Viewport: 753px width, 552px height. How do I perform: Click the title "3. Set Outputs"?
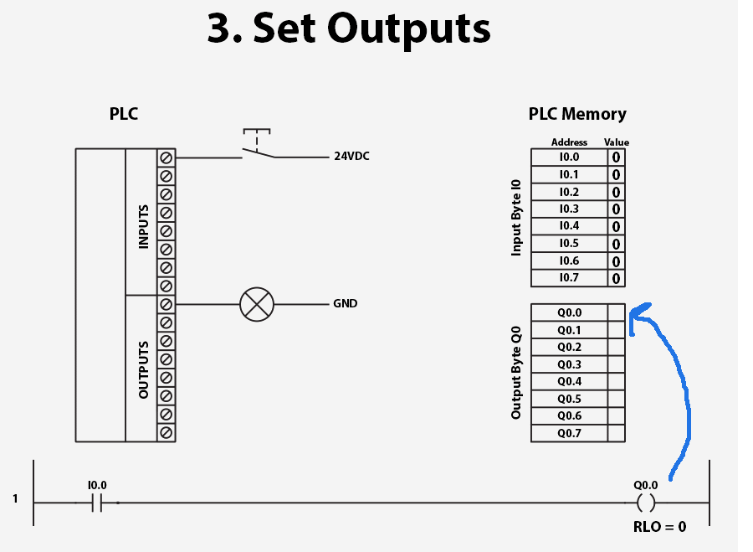(348, 28)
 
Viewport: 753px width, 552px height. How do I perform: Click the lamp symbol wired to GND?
(256, 303)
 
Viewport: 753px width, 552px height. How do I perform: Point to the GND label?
(345, 303)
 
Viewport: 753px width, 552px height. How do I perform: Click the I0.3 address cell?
(569, 209)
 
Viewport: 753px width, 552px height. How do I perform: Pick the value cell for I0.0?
(616, 157)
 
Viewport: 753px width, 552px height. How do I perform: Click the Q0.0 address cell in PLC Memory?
(569, 312)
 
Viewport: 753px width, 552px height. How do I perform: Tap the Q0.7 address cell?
(569, 433)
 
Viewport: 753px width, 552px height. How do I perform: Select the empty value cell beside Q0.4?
(616, 381)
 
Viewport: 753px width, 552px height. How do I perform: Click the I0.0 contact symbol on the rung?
(96, 503)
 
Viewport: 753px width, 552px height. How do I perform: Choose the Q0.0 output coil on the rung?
(645, 503)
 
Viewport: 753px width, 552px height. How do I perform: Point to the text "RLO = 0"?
(659, 527)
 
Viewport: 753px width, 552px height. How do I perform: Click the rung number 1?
(15, 499)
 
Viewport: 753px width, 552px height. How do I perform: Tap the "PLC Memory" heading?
(577, 114)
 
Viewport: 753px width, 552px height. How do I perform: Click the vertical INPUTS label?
(143, 226)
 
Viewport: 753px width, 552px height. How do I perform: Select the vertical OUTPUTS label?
(143, 369)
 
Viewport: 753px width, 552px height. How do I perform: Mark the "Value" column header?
(617, 142)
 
